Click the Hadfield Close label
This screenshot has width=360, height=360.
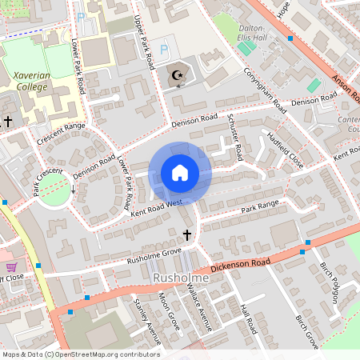(x=286, y=150)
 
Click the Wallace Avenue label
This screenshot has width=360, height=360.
(x=197, y=306)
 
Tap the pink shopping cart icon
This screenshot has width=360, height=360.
(x=11, y=266)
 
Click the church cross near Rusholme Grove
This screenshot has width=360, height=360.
(x=187, y=234)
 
